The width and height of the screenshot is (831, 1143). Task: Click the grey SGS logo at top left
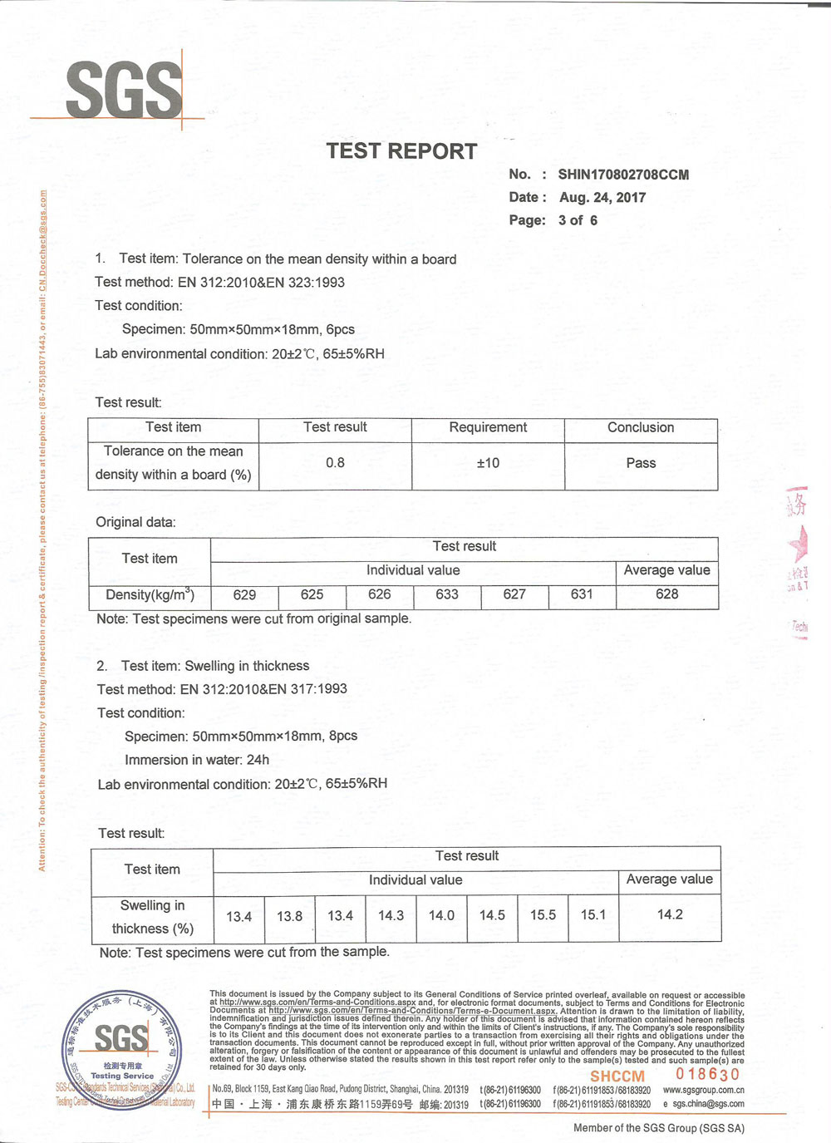[x=123, y=90]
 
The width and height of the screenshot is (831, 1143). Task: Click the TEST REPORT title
[x=401, y=151]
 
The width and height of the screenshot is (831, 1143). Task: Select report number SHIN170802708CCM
[x=623, y=175]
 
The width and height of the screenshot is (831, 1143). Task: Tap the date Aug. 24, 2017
[x=602, y=198]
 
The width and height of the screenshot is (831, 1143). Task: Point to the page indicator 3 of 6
[x=578, y=220]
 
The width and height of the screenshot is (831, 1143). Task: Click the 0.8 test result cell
[x=335, y=463]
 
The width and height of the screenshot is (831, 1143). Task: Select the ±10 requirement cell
[x=488, y=463]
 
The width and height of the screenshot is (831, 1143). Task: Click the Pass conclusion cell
[x=641, y=463]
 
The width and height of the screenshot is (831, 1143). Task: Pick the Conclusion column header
[x=641, y=427]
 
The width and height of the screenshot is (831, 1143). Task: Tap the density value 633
[x=447, y=594]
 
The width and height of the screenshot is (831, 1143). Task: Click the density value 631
[x=582, y=594]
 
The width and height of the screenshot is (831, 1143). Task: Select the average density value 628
[x=666, y=594]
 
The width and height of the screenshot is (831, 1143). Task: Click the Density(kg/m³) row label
[x=150, y=594]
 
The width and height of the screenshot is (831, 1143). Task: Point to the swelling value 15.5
[x=543, y=915]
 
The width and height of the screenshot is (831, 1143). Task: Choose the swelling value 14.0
[x=441, y=915]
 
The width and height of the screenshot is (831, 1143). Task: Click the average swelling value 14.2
[x=670, y=914]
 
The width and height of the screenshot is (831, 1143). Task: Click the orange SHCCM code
[x=617, y=1076]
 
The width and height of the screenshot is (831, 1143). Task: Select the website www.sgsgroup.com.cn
[x=703, y=1090]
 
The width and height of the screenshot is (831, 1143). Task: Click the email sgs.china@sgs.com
[x=708, y=1104]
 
